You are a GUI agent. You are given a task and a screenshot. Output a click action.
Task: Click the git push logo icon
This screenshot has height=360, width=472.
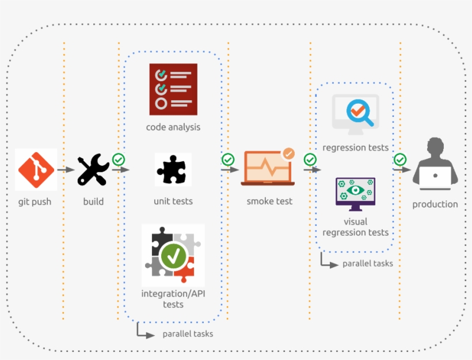[36, 169]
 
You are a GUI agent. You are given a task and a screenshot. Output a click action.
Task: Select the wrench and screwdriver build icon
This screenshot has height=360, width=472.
[93, 169]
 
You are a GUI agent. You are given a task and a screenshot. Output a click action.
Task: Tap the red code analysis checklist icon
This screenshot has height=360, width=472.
[173, 89]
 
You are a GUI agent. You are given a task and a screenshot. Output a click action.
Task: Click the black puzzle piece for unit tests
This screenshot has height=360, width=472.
[172, 169]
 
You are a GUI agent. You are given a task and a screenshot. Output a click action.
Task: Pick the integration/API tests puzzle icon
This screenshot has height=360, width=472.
[173, 255]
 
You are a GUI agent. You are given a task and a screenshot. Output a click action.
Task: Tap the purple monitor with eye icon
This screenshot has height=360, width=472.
[356, 194]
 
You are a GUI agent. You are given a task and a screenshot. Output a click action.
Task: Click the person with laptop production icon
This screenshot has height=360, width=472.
[435, 165]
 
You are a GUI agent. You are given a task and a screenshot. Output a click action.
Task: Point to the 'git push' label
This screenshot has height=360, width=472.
[35, 202]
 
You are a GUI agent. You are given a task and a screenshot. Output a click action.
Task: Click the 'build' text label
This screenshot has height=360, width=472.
[93, 202]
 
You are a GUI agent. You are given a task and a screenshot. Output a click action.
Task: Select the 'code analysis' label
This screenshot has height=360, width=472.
[173, 127]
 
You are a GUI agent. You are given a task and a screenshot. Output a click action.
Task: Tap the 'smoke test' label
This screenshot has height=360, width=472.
[269, 202]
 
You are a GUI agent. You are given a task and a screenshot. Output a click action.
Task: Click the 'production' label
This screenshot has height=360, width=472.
[435, 204]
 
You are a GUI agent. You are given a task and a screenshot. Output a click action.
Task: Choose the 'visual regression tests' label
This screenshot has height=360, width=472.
[356, 227]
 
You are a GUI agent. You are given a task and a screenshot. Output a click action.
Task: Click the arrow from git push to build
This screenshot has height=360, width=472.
[66, 169]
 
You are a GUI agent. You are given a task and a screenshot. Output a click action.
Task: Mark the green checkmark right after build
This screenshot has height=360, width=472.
[119, 160]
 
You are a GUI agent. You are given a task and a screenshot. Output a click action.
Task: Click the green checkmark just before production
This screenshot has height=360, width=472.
[400, 160]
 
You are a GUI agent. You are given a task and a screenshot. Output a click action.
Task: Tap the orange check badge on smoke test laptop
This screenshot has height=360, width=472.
[288, 154]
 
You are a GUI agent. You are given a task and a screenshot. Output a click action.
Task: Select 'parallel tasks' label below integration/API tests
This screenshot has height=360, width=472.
[188, 334]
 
